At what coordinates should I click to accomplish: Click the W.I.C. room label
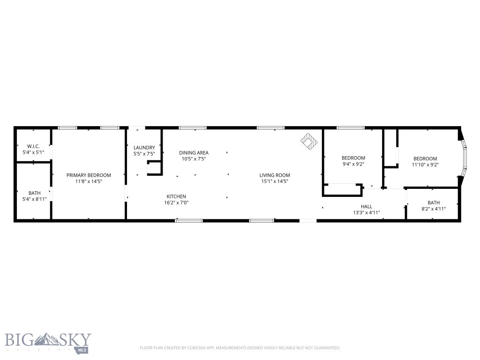point(33,146)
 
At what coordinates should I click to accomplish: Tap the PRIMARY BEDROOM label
point(89,175)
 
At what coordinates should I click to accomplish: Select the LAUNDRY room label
point(144,148)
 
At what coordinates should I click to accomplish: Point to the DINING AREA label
point(194,153)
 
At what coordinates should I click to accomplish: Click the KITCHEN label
point(176,196)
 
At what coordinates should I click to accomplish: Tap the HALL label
point(366,206)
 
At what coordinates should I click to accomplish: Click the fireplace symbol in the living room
point(308,141)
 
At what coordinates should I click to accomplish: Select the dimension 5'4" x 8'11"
point(34,199)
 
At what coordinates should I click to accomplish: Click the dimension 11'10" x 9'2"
point(425,165)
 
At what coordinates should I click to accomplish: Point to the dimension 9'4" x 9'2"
point(353,165)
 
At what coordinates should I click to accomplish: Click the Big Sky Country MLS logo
point(48,342)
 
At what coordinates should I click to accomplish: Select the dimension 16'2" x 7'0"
point(176,203)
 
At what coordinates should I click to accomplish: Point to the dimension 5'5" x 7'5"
point(144,154)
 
